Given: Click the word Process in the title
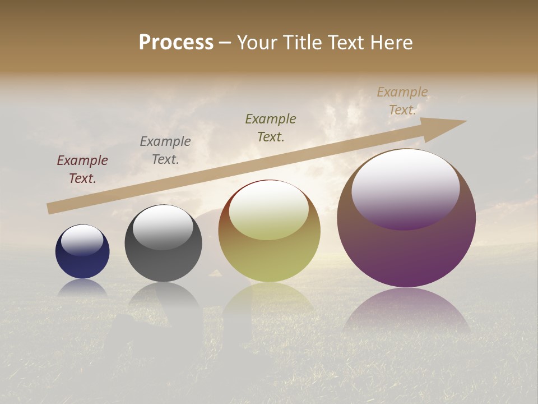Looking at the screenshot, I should pos(176,43).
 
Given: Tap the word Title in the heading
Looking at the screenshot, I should pos(302,43).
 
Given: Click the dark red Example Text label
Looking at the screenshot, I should pos(82,169).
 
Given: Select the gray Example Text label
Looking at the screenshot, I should pos(165,150).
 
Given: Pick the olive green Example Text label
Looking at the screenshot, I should pos(271,128).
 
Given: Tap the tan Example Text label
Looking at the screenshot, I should pos(402,101).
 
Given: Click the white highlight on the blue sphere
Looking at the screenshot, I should pos(82,240).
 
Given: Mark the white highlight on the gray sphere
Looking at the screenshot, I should pos(163,227).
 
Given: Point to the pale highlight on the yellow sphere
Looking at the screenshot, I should pos(269,210).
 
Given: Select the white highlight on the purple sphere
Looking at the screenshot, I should pos(406,188).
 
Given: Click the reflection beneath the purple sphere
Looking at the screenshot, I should pos(406,311).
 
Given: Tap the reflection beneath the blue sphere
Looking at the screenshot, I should pos(82,288).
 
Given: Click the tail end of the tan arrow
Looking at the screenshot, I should pos(52,208).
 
